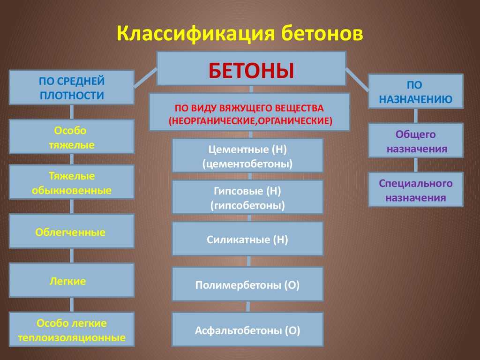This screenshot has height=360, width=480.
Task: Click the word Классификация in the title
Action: click(195, 33)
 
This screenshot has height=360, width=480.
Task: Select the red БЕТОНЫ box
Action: click(251, 68)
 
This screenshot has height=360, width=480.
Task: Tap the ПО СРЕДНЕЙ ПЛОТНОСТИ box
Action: click(72, 88)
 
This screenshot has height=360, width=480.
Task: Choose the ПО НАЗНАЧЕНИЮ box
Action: click(415, 91)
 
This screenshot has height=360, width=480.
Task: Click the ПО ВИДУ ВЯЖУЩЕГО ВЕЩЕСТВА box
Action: click(249, 112)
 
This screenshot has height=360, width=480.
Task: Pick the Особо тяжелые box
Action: click(72, 136)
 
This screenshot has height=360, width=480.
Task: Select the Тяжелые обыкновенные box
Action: click(72, 182)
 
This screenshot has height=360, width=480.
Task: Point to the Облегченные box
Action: click(72, 231)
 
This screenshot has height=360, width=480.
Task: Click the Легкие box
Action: click(72, 280)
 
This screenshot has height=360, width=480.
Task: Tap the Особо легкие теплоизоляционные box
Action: click(72, 330)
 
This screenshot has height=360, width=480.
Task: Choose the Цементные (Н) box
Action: click(247, 156)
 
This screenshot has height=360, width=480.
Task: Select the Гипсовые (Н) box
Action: click(247, 197)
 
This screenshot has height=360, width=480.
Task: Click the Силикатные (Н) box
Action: click(247, 239)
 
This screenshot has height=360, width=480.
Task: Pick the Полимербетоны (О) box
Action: click(247, 284)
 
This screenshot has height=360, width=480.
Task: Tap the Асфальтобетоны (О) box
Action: click(247, 330)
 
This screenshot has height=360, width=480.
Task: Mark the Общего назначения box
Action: click(415, 141)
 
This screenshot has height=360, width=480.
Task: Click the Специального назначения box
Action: click(415, 189)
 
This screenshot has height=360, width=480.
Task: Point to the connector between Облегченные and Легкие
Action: click(72, 255)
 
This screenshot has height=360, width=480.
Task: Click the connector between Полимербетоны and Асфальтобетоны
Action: click(248, 307)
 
